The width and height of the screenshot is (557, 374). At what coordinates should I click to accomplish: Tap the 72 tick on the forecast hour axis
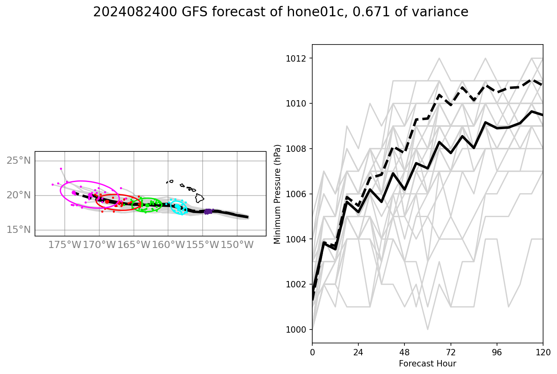pos(451,352)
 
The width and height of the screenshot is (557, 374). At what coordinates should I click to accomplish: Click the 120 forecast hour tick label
pos(543,352)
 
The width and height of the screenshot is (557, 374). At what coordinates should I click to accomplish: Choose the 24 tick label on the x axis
pos(358,352)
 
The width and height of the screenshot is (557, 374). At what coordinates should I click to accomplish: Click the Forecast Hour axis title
pos(427,364)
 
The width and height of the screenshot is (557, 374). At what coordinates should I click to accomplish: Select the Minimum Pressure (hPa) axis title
pos(277,194)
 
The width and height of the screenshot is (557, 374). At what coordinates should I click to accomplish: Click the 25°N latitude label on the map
pos(19,161)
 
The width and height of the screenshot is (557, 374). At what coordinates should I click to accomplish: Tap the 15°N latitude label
pos(19,230)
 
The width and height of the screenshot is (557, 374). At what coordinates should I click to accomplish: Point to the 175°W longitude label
pos(65,245)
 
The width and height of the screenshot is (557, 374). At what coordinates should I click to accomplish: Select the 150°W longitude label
pos(237,245)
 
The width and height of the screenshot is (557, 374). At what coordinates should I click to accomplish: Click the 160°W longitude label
pos(168,245)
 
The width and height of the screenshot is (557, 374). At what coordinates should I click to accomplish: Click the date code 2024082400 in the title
pos(135,12)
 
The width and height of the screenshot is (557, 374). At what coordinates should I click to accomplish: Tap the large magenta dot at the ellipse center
pos(73,192)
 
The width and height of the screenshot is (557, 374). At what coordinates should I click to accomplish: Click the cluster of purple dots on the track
pos(208,211)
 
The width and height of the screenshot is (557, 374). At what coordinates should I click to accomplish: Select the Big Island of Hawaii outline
pos(199,198)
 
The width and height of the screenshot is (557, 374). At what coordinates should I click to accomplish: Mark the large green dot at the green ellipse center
pos(147,205)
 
